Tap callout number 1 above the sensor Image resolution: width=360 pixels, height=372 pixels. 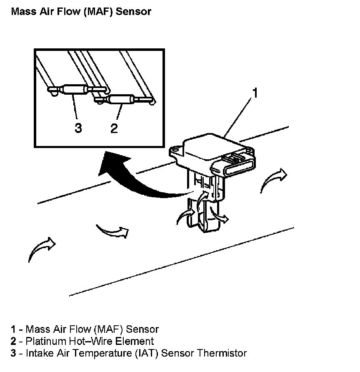point(255,92)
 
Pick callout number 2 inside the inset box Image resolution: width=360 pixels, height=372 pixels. point(114,128)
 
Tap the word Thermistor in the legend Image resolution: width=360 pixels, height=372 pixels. point(225,353)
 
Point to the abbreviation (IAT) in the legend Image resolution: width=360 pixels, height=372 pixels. point(147,353)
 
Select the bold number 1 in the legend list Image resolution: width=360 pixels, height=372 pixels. point(13,329)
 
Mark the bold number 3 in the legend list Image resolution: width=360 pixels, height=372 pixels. point(13,353)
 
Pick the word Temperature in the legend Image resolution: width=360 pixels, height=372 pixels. point(103,353)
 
